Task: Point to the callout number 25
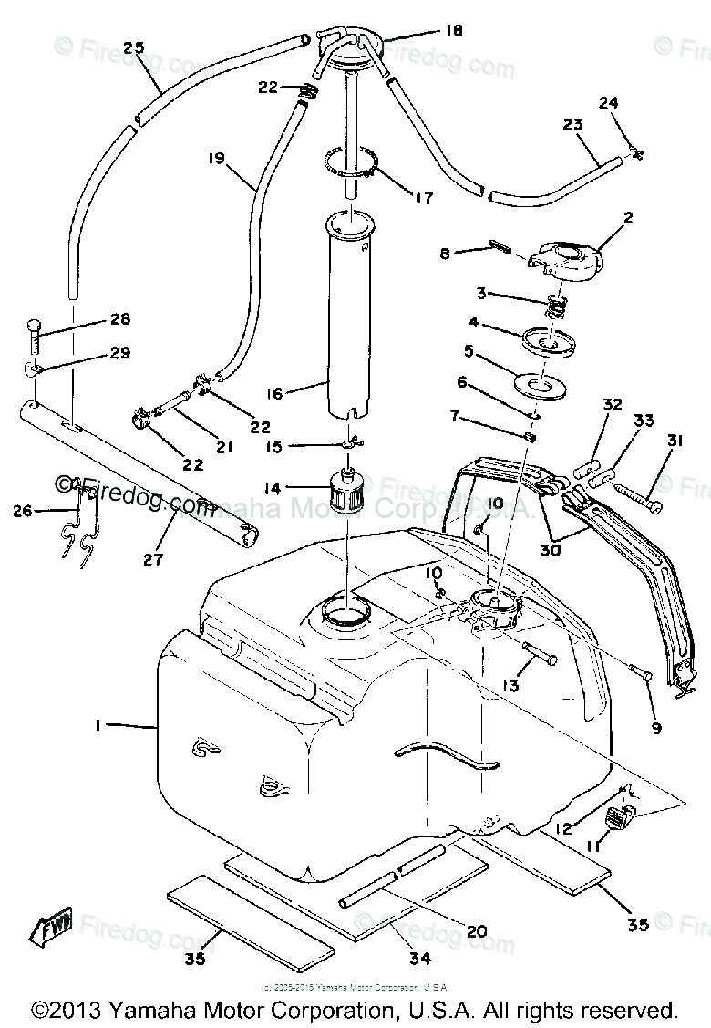coord(134,48)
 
